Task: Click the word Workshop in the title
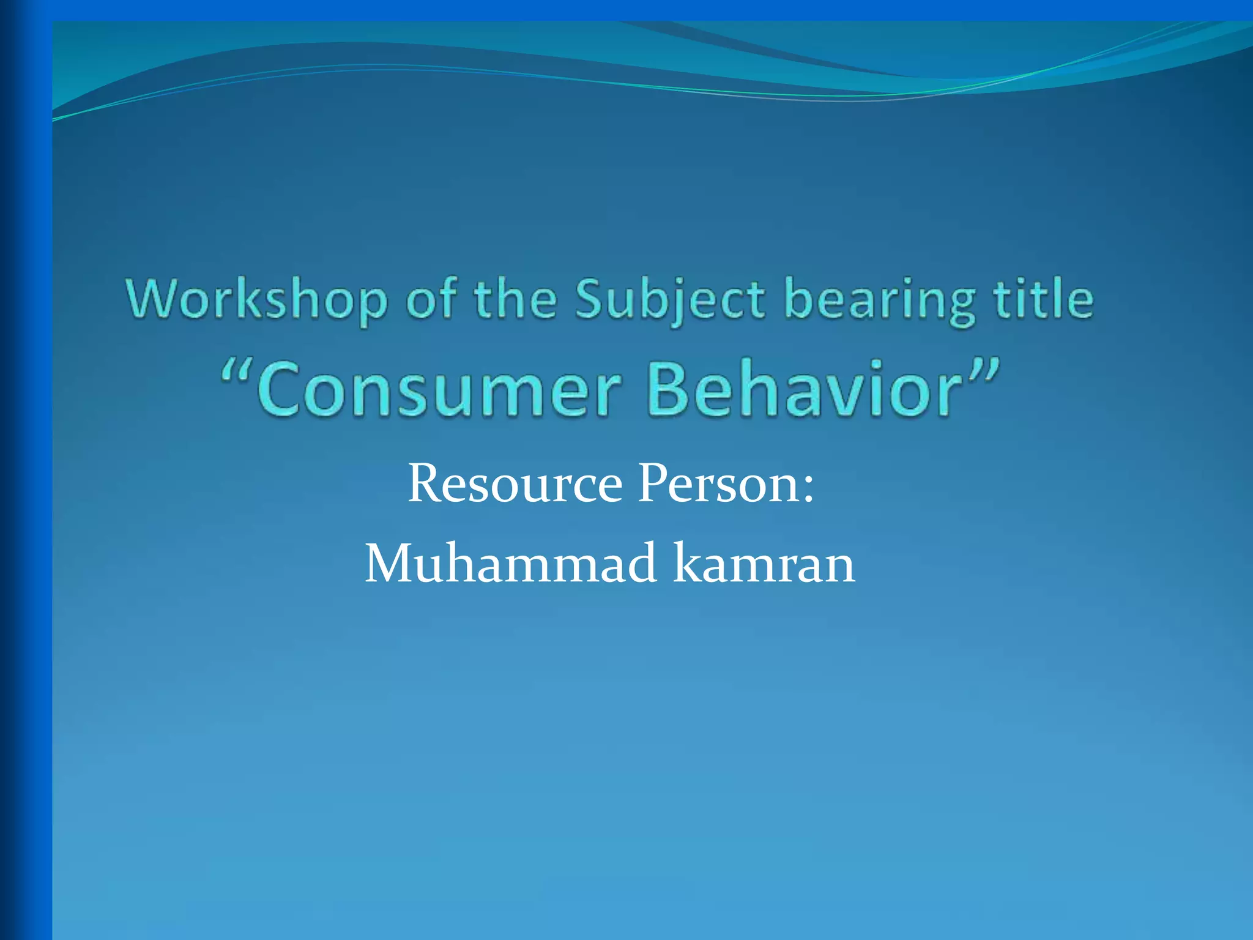point(257,299)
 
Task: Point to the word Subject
point(670,299)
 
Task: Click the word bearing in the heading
point(880,299)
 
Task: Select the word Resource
point(515,483)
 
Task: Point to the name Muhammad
point(511,563)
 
